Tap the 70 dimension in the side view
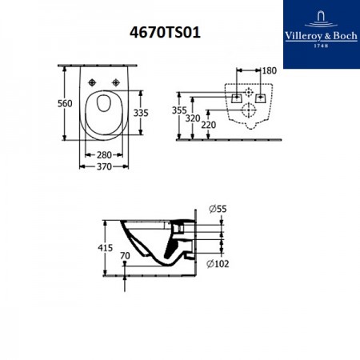point(124,257)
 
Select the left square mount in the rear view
point(237,98)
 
